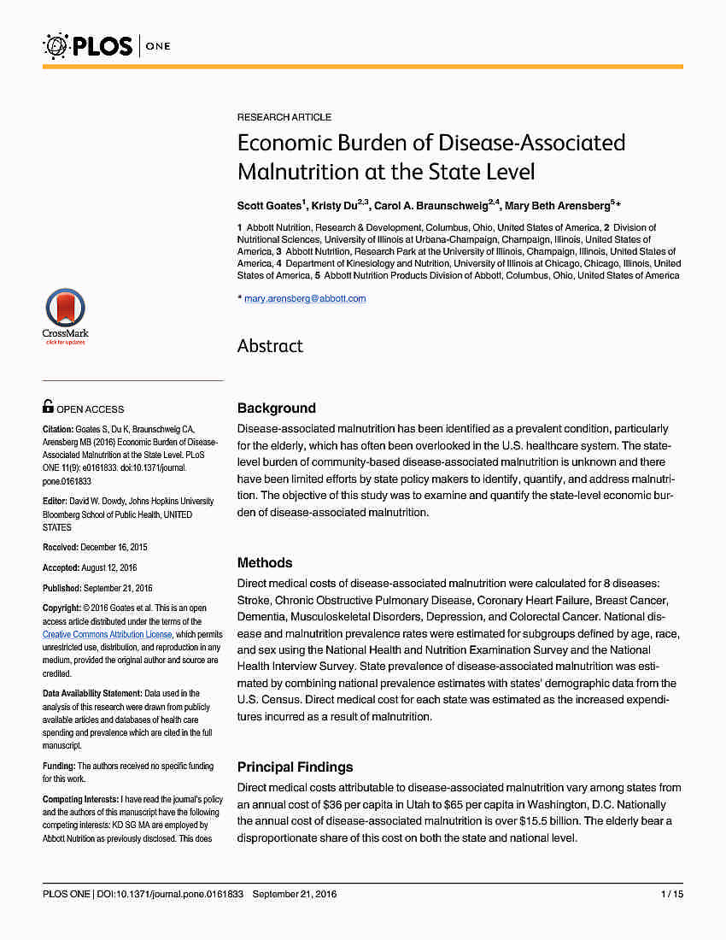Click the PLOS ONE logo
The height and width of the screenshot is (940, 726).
coord(107,45)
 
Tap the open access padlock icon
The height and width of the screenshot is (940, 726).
coord(48,408)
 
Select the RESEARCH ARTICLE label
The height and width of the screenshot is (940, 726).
coord(284,117)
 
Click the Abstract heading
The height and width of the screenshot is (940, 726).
coord(270,346)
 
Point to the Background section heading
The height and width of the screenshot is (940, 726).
coord(277,408)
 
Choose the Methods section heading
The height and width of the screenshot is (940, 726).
coord(265,563)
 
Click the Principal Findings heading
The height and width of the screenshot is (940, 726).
coord(296,767)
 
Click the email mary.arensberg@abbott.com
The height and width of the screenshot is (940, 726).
coord(305,298)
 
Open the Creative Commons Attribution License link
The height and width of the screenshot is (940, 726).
coord(108,635)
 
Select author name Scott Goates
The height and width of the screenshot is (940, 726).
coord(268,206)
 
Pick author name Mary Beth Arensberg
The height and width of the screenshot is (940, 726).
coord(556,206)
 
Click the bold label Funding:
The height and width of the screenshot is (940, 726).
coord(59,767)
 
